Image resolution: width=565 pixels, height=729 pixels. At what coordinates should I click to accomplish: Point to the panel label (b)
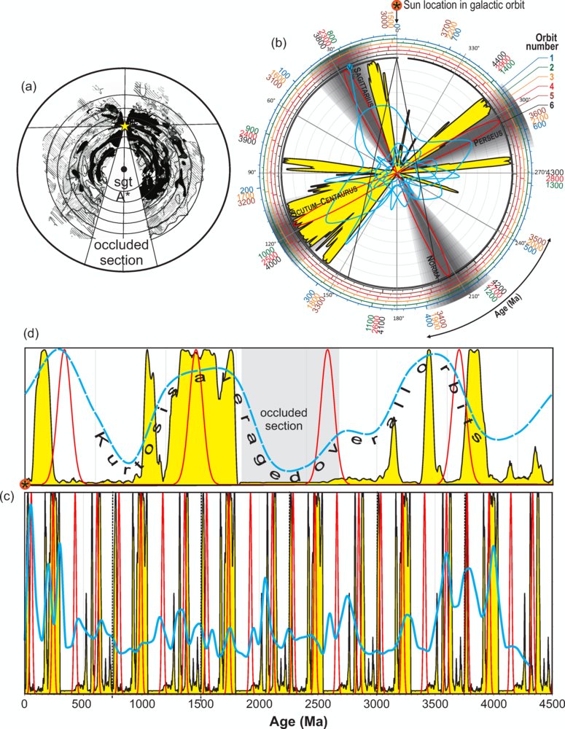278,42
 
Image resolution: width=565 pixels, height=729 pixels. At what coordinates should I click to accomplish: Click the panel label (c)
9,496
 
